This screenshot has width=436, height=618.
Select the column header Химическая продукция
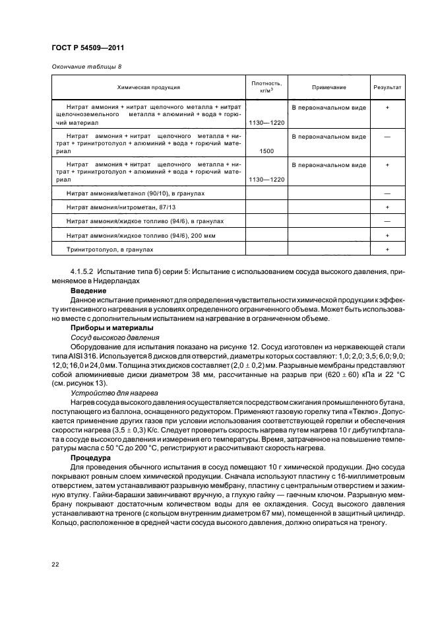coord(148,87)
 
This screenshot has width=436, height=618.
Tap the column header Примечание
coord(325,87)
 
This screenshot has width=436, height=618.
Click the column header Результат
coord(387,87)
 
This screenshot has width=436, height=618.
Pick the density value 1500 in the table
coord(267,151)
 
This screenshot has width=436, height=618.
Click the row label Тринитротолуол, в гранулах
coord(110,250)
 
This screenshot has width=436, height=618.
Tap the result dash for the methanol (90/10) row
coord(387,193)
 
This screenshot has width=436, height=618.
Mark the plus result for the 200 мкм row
coord(387,236)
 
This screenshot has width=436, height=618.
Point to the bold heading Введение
coord(88,290)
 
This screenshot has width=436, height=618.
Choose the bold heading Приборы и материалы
coord(111,328)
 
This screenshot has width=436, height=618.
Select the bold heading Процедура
coord(92,456)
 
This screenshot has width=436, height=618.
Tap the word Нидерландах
coord(119,281)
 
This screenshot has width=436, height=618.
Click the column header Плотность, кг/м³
coord(266,87)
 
